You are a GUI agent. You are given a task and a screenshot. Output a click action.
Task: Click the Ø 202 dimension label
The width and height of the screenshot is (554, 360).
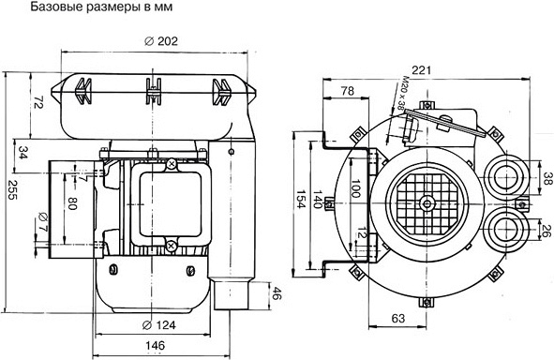coord(160,41)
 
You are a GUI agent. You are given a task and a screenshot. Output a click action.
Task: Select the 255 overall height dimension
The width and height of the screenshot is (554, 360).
coord(12,189)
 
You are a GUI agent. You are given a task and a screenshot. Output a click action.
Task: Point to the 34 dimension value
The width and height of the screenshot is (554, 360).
coord(22,153)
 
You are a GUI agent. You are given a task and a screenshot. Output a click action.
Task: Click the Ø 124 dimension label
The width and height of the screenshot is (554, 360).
coord(158,324)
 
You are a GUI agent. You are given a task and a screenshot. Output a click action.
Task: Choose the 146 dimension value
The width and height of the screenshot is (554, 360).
coord(156,345)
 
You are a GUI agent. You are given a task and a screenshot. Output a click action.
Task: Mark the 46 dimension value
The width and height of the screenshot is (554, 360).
coord(277,293)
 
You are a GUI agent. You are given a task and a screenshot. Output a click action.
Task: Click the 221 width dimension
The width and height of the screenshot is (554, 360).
coord(422,70)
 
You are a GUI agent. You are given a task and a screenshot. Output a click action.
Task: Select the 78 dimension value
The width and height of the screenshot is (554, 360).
coord(348,91)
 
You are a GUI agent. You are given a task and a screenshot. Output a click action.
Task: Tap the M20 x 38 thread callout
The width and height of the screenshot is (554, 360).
coord(402,93)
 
